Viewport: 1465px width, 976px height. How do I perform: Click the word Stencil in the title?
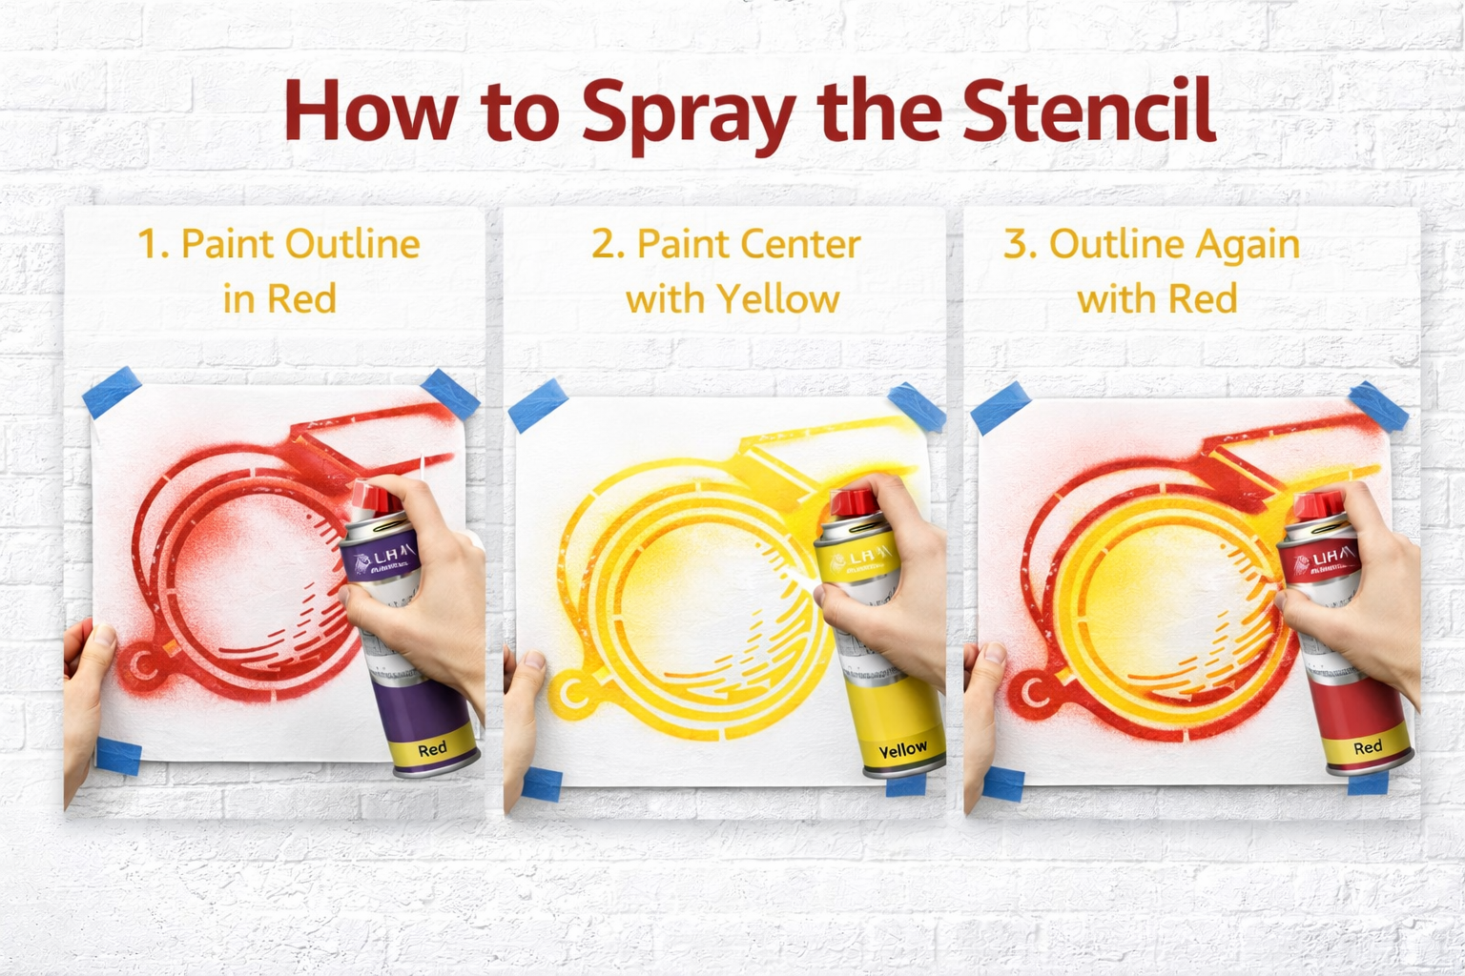point(1088,110)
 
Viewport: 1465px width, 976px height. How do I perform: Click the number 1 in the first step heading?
point(149,245)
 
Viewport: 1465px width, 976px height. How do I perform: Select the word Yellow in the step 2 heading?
point(779,299)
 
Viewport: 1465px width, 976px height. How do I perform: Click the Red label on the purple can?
point(432,749)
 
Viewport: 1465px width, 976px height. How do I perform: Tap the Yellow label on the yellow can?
point(902,750)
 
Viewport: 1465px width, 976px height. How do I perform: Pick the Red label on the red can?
point(1368,747)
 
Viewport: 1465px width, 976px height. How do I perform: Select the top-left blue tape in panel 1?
point(112,395)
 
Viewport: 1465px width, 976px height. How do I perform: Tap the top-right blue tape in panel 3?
point(1378,404)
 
